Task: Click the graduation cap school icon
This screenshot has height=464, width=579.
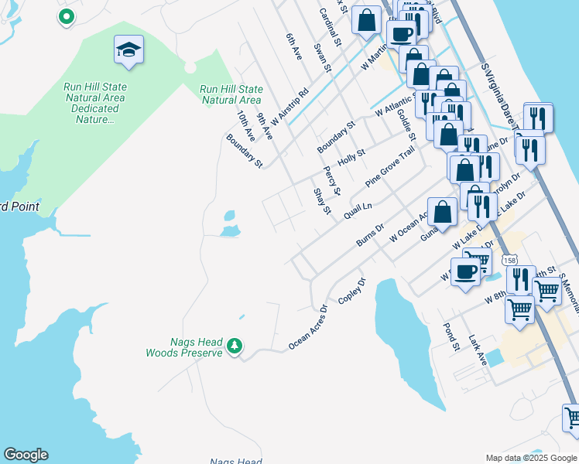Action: pyautogui.click(x=128, y=51)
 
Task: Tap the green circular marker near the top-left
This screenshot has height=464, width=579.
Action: pyautogui.click(x=67, y=16)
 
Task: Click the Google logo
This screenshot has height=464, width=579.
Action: pyautogui.click(x=26, y=455)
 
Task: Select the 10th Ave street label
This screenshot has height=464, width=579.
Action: pyautogui.click(x=246, y=125)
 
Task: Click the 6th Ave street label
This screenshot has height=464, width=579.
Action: pyautogui.click(x=293, y=47)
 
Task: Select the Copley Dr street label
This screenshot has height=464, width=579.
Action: pyautogui.click(x=351, y=290)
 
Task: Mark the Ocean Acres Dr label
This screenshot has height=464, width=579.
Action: pyautogui.click(x=308, y=327)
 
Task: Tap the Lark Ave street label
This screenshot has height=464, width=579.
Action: pyautogui.click(x=477, y=350)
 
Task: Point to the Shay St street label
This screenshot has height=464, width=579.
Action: pyautogui.click(x=321, y=200)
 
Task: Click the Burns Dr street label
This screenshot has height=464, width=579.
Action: pyautogui.click(x=370, y=236)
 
